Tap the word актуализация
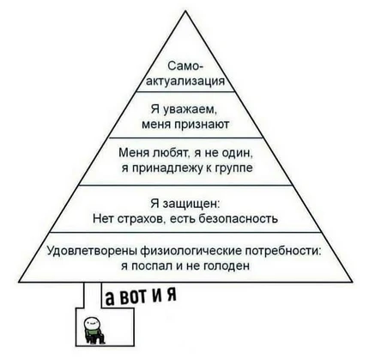point(185,82)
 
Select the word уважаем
point(190,110)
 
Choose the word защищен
point(191,204)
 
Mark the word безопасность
point(238,219)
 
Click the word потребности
point(283,251)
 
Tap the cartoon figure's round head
point(92,323)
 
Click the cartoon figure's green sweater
point(93,334)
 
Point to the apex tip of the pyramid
point(185,11)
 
